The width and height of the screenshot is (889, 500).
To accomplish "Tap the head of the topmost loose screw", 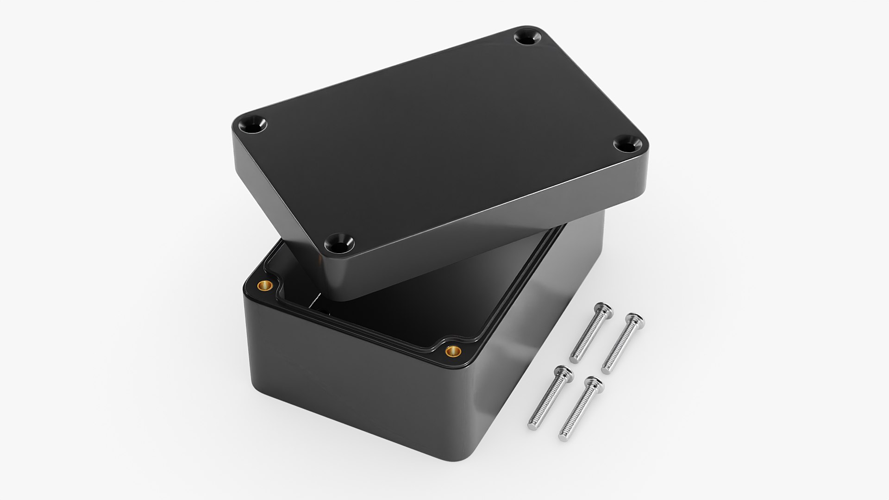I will (603, 310).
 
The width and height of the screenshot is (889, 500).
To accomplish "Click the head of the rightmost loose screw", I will (634, 321).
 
